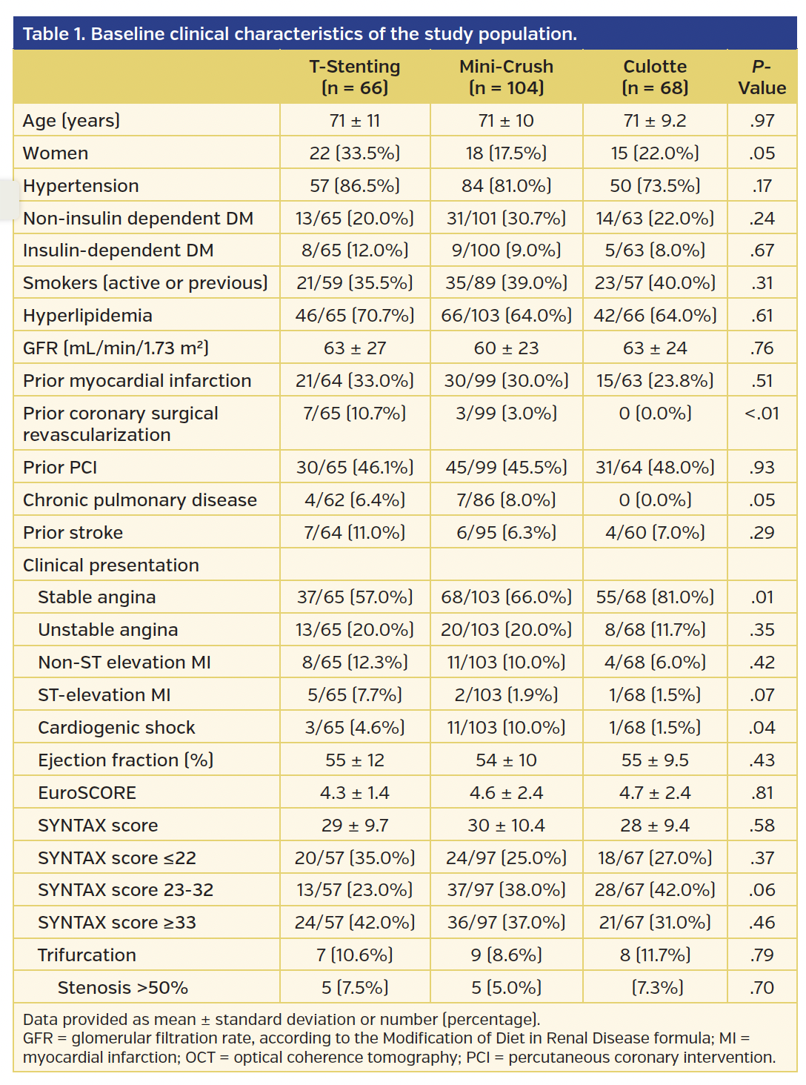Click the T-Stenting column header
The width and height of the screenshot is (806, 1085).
354,77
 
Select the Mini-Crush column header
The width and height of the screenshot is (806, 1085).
506,77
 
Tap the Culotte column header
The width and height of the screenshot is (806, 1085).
655,77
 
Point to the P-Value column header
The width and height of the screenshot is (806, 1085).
762,77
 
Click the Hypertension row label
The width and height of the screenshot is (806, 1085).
81,186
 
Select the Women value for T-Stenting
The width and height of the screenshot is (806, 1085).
354,153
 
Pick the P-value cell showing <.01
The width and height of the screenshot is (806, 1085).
762,414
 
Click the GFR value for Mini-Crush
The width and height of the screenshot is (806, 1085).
506,348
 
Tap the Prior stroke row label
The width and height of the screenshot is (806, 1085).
73,533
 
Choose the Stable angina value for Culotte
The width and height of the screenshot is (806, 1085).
655,597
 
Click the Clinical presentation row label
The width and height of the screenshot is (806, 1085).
111,565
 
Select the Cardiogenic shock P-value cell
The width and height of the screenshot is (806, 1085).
762,728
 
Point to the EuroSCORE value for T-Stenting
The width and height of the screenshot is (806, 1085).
354,793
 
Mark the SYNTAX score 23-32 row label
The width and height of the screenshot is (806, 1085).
125,890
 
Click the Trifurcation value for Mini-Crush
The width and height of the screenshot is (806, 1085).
506,955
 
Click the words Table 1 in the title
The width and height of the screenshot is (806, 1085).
53,34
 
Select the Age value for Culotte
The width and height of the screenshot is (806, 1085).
655,121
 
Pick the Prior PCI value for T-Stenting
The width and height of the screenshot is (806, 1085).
354,468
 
